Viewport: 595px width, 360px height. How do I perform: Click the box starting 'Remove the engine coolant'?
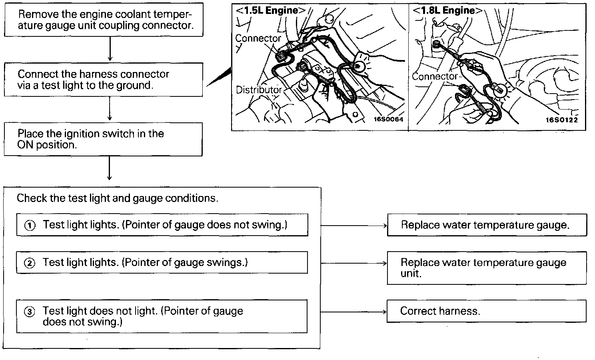[104, 20]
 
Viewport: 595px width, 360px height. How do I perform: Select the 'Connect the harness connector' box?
[104, 80]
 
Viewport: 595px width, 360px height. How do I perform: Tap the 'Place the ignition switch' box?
[103, 139]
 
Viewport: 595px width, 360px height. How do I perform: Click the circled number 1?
[30, 226]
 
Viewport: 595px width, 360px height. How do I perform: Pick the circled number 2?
[30, 263]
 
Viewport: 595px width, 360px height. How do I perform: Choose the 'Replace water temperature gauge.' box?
[487, 225]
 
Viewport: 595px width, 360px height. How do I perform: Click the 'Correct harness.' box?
[486, 311]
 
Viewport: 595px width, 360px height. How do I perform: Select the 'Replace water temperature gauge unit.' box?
[487, 268]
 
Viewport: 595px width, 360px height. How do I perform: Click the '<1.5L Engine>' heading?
[271, 11]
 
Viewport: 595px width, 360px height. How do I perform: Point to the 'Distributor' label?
[259, 90]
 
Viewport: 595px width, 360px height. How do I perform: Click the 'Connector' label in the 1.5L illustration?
[258, 38]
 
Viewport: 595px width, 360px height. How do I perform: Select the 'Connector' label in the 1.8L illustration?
[435, 76]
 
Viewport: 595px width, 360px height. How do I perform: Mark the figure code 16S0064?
[388, 119]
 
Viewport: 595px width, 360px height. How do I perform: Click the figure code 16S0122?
[562, 120]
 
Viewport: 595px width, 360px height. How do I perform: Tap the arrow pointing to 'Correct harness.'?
[354, 312]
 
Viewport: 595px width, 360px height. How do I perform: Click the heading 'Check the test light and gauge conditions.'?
[118, 198]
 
